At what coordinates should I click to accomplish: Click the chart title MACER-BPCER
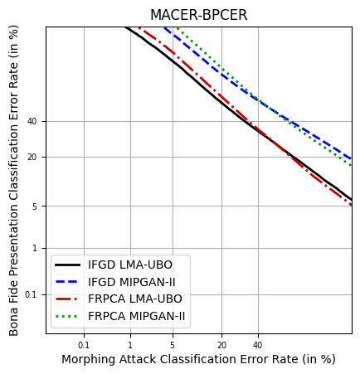point(198,16)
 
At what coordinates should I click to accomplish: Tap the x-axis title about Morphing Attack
point(198,359)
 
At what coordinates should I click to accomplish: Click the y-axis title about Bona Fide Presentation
point(14,180)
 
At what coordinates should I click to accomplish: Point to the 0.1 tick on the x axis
point(84,344)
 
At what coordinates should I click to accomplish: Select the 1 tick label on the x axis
point(129,344)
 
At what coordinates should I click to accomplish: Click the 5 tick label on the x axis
point(173,344)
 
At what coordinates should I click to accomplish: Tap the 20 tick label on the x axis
point(221,344)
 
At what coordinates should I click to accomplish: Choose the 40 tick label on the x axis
point(258,344)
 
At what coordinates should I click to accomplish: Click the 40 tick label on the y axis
point(32,121)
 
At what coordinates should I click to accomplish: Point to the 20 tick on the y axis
point(32,157)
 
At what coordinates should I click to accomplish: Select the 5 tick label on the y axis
point(35,206)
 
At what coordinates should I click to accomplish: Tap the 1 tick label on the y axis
point(35,248)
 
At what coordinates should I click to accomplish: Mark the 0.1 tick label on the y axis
point(31,294)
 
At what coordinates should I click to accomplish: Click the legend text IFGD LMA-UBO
point(130,265)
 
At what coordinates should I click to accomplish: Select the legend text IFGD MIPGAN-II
point(132,283)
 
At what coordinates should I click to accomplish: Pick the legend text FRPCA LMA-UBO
point(135,299)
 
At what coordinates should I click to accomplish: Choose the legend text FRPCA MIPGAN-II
point(137,317)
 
